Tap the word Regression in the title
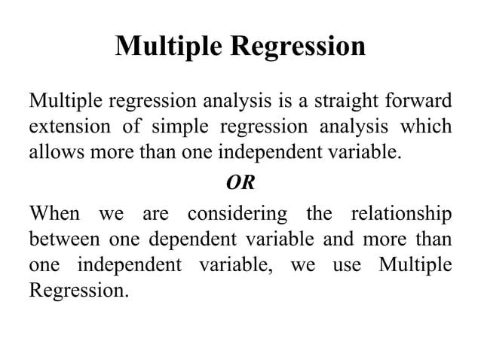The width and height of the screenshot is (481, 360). (298, 47)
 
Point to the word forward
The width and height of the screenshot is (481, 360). (423, 100)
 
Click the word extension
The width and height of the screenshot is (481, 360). (66, 127)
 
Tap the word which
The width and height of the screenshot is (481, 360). (430, 127)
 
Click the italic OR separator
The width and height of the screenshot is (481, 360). (240, 184)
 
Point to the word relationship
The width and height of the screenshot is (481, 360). (402, 214)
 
